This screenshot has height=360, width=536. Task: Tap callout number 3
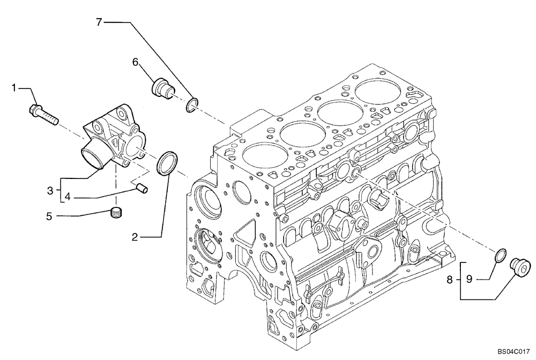point(50,190)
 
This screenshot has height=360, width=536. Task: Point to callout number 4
point(68,197)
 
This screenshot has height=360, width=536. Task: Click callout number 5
point(50,216)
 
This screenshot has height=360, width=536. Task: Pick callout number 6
point(136,62)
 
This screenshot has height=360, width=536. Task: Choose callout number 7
point(99,22)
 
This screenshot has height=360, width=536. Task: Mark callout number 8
point(450,279)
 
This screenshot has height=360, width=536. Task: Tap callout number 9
point(468,279)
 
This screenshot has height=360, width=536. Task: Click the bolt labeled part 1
point(42,114)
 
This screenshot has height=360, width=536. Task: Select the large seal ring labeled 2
point(166,162)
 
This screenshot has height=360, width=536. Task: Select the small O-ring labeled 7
point(192,106)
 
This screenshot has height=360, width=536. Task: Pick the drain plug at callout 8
point(520,266)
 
